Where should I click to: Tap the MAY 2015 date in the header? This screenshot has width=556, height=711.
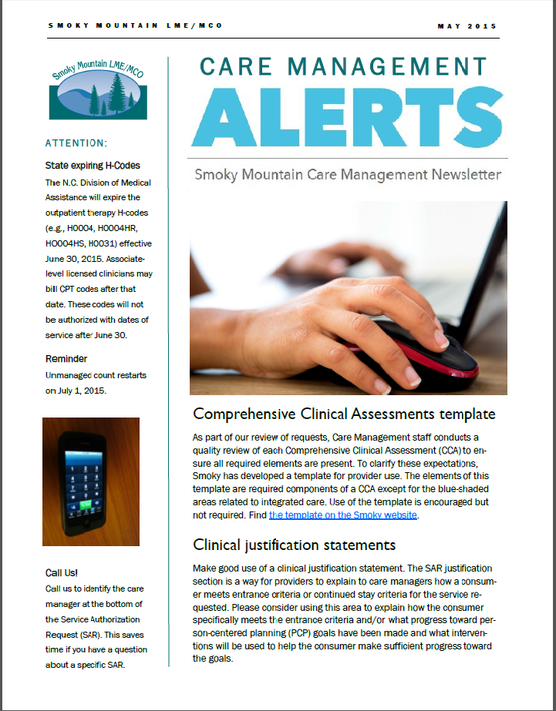(467, 26)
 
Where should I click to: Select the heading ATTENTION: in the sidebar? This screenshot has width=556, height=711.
(76, 143)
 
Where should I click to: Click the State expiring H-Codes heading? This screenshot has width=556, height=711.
(93, 166)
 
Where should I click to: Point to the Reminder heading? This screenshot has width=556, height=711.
(66, 359)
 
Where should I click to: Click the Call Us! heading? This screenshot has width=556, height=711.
(62, 572)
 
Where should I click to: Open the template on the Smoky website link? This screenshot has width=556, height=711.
(343, 515)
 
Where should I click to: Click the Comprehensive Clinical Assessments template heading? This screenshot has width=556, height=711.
(344, 414)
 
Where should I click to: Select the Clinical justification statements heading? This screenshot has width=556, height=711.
(294, 545)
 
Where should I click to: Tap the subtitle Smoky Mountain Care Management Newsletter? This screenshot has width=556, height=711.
(348, 175)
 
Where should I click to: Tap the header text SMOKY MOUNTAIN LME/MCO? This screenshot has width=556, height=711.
(135, 26)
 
